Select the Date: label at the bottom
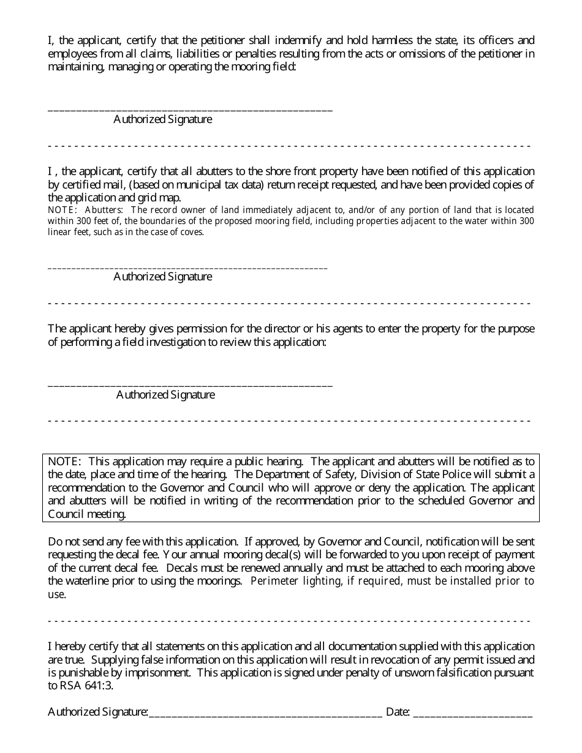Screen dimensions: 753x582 coord(398,712)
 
